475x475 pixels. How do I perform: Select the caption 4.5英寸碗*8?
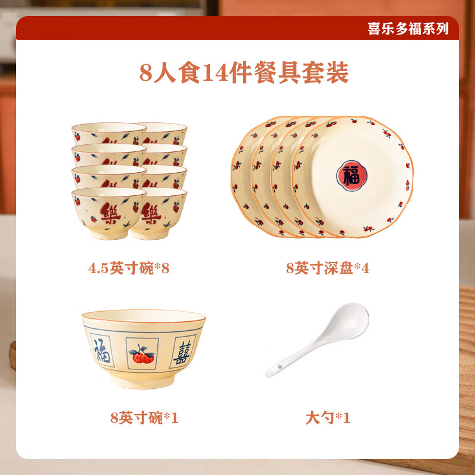point(129,268)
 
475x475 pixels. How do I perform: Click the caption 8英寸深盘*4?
point(327,268)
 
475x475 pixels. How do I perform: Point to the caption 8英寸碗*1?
point(144,418)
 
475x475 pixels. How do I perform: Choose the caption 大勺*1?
point(328,418)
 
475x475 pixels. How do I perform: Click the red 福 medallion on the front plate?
point(351,175)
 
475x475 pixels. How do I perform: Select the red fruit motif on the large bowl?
point(142,354)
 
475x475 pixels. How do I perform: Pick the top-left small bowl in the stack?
point(108,132)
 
